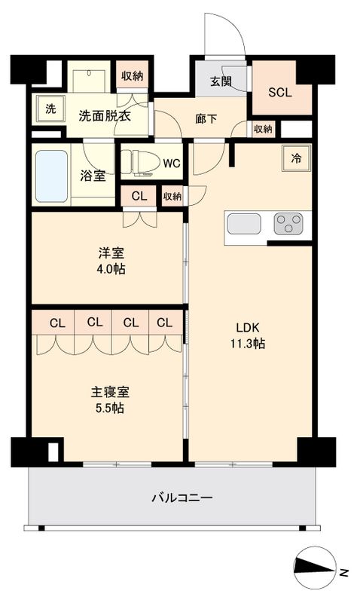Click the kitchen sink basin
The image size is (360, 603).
click(243, 224)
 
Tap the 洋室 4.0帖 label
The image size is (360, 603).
click(105, 261)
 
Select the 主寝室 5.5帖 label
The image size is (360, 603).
click(110, 400)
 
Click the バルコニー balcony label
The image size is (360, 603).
click(182, 498)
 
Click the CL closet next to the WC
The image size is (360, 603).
click(139, 196)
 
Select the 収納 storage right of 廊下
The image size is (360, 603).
click(262, 129)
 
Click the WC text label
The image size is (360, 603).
click(172, 162)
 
